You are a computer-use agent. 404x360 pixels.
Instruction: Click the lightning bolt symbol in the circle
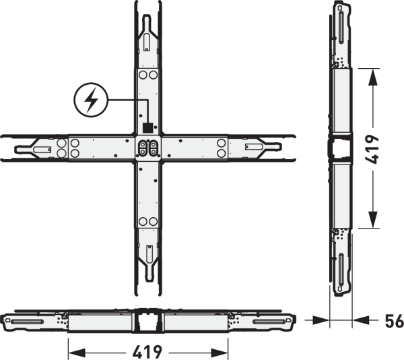pos(91,100)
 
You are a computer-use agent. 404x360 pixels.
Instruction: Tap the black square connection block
pos(147,127)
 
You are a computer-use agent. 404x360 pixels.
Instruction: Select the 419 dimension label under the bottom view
pos(147,352)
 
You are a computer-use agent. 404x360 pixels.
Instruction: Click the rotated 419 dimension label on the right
pos(372,149)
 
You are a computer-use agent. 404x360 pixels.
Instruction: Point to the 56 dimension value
pos(395,321)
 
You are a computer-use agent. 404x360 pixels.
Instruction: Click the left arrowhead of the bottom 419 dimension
pos(77,352)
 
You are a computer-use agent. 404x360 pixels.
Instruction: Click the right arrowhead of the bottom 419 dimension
pos(220,352)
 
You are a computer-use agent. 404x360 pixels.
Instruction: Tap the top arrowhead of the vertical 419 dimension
pos(373,77)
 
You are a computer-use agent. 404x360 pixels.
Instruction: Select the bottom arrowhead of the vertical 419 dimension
pos(373,220)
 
